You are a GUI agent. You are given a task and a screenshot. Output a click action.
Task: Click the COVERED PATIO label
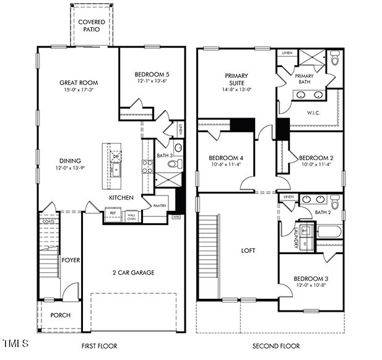tap(91, 26)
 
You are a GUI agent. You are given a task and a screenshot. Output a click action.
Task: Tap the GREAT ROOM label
tap(79, 82)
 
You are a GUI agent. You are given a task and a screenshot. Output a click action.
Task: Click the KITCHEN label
tap(122, 197)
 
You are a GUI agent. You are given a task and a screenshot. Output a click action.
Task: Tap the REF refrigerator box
tap(113, 213)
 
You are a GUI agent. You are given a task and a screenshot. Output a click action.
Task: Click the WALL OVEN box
tap(131, 216)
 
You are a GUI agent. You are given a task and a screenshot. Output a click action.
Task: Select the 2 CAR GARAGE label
tap(133, 272)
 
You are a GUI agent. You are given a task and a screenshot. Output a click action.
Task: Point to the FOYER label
tap(71, 260)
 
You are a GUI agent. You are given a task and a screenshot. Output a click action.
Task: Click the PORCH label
tap(60, 315)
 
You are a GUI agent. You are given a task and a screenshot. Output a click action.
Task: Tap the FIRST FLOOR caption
tap(100, 346)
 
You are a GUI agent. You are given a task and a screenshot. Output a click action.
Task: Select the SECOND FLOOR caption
tap(276, 346)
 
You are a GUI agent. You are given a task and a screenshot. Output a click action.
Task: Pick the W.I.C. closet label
tap(314, 113)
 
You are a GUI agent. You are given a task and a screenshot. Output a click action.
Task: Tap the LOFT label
tap(248, 251)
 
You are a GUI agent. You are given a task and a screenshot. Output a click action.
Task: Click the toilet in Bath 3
tap(177, 164)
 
